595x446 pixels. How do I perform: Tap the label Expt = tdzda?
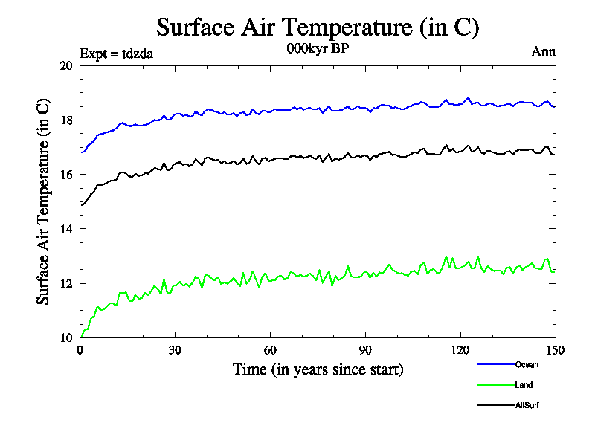click(x=116, y=54)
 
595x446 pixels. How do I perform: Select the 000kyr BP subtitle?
click(x=318, y=49)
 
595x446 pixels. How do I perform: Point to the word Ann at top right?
click(x=543, y=52)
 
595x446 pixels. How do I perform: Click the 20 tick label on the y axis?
click(x=65, y=65)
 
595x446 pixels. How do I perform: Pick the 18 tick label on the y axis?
click(x=65, y=120)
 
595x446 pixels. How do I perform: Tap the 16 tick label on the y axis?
click(x=65, y=174)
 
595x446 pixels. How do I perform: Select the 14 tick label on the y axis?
click(x=65, y=229)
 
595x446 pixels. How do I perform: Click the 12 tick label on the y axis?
click(x=65, y=283)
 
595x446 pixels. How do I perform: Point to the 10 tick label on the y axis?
click(x=65, y=337)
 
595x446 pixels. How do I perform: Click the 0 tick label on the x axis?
click(x=80, y=350)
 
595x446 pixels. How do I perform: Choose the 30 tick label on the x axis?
click(x=175, y=350)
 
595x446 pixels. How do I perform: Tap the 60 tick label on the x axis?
click(x=270, y=350)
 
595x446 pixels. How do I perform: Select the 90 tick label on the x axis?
click(x=365, y=350)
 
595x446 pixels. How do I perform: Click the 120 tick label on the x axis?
click(x=460, y=350)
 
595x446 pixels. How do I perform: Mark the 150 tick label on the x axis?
click(x=556, y=350)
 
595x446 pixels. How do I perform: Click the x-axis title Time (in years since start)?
click(x=318, y=369)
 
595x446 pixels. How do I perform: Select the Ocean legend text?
click(x=526, y=364)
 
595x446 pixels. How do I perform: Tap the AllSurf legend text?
click(x=527, y=405)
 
